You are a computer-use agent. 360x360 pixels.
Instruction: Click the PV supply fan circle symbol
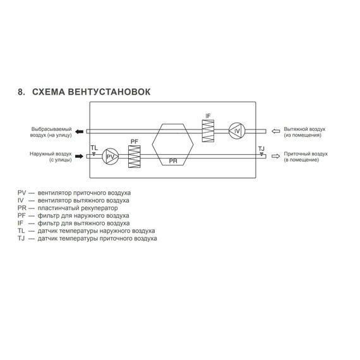[x=111, y=157]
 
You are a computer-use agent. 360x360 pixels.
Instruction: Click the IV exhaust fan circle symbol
[x=237, y=131]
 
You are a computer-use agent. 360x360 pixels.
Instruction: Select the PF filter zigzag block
[x=135, y=157]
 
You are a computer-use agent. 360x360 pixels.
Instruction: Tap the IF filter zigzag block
[x=208, y=131]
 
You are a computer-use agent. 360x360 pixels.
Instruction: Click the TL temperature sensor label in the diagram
[x=94, y=148]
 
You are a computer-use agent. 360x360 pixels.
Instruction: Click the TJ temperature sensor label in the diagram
[x=261, y=149]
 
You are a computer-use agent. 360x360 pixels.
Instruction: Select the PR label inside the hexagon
[x=173, y=161]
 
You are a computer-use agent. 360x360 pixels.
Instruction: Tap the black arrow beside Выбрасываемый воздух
[x=80, y=131]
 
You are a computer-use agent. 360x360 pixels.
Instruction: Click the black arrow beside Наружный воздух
[x=80, y=157]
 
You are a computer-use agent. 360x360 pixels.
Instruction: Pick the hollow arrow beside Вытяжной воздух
[x=276, y=131]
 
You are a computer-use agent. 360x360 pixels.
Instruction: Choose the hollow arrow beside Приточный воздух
[x=276, y=156]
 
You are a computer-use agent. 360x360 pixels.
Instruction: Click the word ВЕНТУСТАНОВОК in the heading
[x=109, y=92]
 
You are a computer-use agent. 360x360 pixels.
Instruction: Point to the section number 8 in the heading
[x=21, y=92]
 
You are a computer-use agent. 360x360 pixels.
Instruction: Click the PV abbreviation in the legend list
[x=22, y=193]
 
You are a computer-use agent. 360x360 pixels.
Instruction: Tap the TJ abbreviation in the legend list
[x=21, y=239]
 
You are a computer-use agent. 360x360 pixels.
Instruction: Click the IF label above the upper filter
[x=208, y=116]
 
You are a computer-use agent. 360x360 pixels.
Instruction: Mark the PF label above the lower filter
[x=135, y=141]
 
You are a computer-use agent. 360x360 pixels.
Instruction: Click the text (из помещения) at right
[x=303, y=135]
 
